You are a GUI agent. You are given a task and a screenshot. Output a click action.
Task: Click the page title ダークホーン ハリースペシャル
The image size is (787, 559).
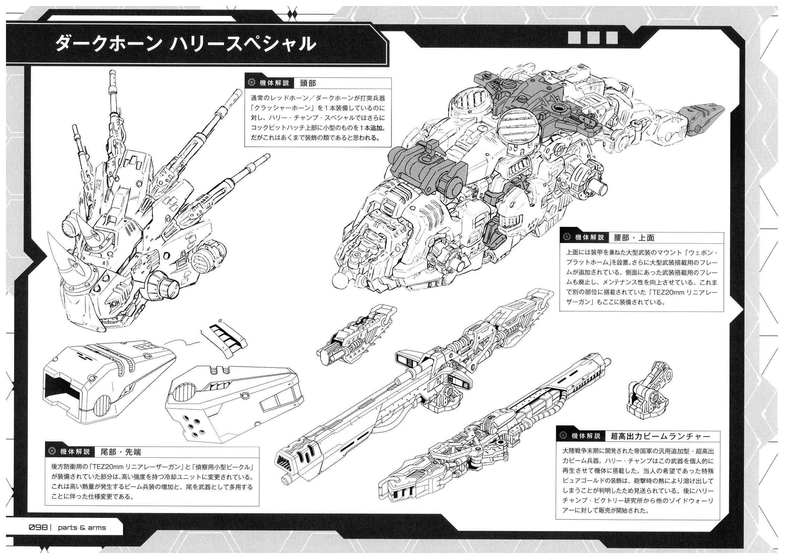185,44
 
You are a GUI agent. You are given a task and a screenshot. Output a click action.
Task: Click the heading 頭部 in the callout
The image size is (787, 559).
308,83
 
